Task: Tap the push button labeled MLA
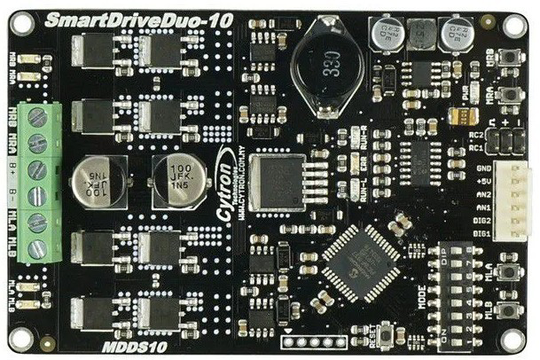[x=508, y=271]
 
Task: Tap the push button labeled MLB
[x=508, y=310]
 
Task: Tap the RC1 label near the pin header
[x=476, y=146]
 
